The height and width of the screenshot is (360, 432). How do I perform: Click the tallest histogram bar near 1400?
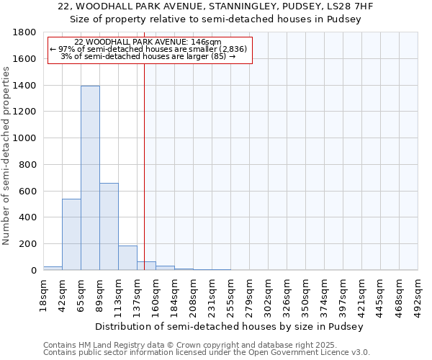(x=90, y=178)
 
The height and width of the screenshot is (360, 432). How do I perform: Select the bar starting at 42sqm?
(x=71, y=234)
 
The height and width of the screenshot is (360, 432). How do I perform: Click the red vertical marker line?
(x=145, y=158)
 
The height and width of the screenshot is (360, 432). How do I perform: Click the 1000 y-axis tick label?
(x=25, y=138)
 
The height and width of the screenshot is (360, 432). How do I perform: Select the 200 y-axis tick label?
(x=29, y=244)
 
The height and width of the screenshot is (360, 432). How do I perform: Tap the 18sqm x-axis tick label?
(x=44, y=295)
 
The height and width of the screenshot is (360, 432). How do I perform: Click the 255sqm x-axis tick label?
(x=231, y=295)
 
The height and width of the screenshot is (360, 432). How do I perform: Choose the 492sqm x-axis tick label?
(x=418, y=295)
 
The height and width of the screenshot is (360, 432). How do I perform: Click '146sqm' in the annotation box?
(x=206, y=42)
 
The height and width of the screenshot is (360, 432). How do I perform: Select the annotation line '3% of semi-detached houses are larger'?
(x=148, y=56)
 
